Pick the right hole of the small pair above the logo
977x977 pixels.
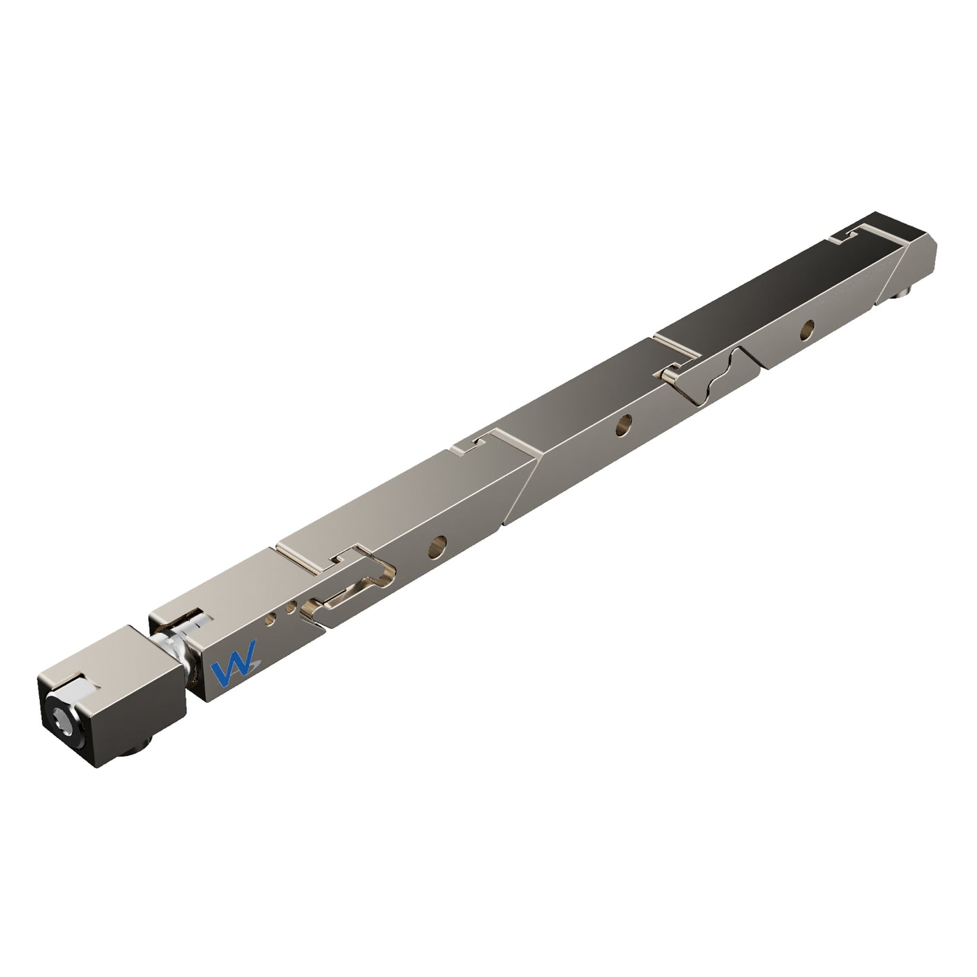tap(290, 607)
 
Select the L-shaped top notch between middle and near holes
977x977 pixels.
tap(472, 444)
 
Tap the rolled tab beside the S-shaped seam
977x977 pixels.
tap(671, 373)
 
